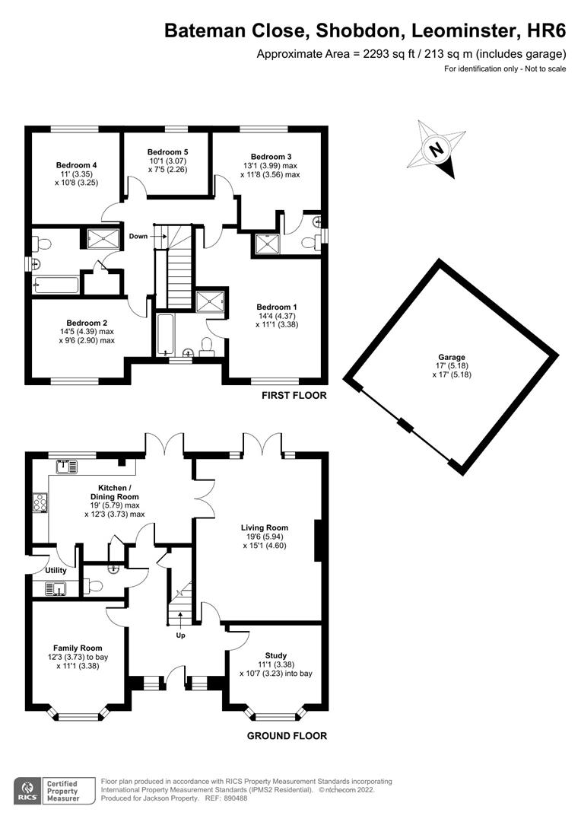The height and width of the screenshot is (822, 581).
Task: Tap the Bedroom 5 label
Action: tap(167, 152)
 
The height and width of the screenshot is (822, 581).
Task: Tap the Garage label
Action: tap(451, 357)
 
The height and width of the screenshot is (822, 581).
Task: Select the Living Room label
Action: tap(265, 527)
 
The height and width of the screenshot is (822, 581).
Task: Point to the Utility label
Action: tap(56, 570)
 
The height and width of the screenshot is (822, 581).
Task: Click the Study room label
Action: tap(275, 655)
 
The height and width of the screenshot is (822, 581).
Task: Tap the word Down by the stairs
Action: tap(138, 236)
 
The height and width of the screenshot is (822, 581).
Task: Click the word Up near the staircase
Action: tap(180, 635)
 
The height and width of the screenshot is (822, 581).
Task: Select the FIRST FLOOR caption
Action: tap(294, 396)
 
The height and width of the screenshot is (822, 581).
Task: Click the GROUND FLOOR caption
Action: tap(287, 736)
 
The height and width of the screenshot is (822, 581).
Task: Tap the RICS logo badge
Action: tap(28, 790)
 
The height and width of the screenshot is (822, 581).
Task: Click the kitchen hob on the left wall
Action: tap(40, 502)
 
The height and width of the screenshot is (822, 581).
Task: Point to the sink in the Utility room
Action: tap(53, 588)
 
